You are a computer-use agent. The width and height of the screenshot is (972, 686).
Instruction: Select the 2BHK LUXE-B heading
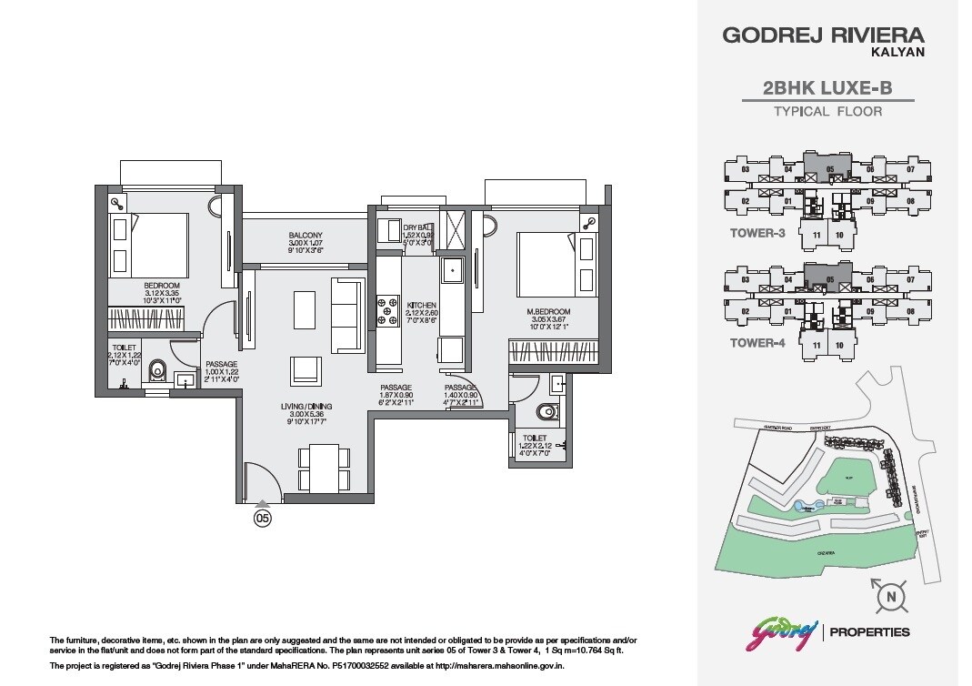click(827, 88)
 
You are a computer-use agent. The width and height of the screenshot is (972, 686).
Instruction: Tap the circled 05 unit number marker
click(262, 519)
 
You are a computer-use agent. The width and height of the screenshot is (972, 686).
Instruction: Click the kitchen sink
click(452, 269)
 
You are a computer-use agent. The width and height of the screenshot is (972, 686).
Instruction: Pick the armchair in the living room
click(306, 369)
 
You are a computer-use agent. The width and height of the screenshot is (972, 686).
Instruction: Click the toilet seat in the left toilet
click(158, 370)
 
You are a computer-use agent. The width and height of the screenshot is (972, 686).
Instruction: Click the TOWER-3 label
click(757, 233)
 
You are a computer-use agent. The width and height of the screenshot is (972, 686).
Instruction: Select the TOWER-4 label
click(757, 343)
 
